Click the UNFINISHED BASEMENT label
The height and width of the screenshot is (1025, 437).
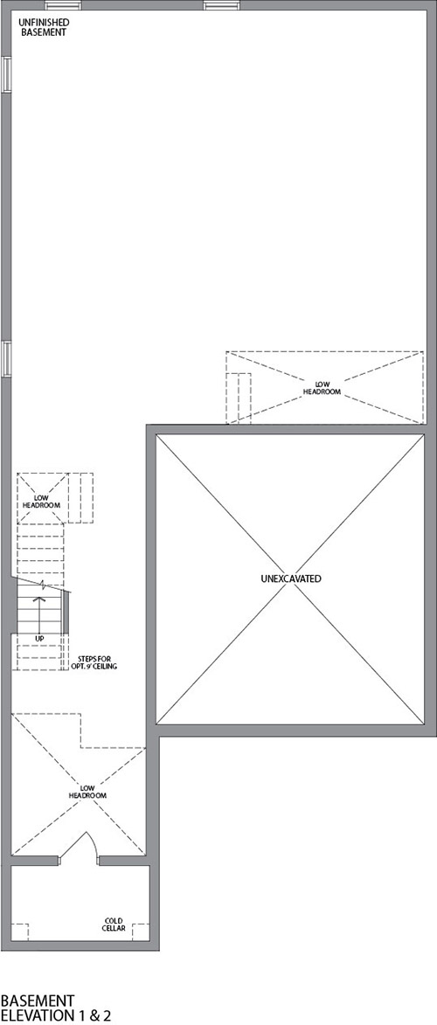coord(43,27)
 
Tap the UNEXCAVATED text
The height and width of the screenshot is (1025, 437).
coord(290,578)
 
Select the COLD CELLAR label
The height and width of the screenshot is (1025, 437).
coord(114,925)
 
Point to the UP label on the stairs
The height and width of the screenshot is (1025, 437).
coord(40,638)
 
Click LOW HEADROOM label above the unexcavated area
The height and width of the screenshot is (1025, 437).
coord(322,388)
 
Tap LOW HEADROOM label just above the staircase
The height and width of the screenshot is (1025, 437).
coord(42,502)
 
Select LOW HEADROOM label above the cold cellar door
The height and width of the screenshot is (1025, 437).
coord(87,792)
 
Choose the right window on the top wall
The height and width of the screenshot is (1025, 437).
coord(222,5)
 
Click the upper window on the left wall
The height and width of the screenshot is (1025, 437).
coord(6,74)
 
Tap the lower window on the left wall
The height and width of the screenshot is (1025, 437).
coord(6,359)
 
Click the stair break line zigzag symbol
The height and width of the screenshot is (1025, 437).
coord(42,584)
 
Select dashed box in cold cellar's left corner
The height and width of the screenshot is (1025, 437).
coord(20,932)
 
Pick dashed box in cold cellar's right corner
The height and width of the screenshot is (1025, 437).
coord(142,932)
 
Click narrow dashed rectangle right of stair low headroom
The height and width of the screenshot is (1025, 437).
coord(81,497)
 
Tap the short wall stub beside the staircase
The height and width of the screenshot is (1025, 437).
coord(66,630)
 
